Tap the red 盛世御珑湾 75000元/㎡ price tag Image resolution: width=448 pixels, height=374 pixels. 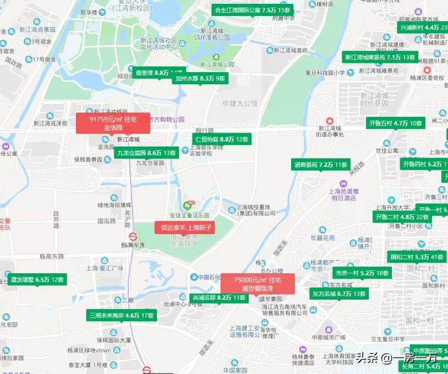(257, 284)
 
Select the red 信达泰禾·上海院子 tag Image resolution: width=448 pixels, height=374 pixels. (186, 227)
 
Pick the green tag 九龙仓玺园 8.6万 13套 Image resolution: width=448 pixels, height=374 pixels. (146, 153)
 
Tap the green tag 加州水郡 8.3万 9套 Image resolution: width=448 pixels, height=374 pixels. (200, 78)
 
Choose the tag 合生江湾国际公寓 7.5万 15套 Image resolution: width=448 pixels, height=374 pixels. (252, 10)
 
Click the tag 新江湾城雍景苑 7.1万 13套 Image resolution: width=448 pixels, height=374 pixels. (380, 57)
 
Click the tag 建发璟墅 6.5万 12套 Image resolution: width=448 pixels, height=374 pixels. (37, 279)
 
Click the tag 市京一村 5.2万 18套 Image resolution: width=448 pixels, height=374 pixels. (361, 272)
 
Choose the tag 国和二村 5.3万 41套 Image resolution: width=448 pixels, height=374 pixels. (417, 256)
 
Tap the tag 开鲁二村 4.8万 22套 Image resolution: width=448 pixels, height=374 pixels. (402, 216)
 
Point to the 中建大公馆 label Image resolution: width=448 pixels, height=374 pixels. (240, 104)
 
